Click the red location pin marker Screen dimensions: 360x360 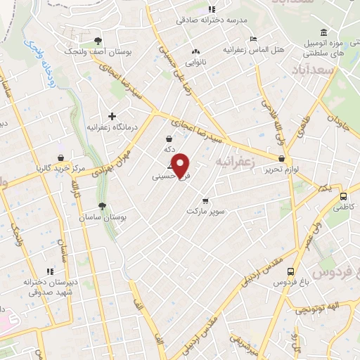pos(181,165)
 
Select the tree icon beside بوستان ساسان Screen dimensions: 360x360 pos(103,206)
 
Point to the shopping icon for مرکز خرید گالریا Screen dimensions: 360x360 pos(61,158)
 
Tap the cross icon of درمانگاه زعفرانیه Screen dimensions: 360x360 pos(111,116)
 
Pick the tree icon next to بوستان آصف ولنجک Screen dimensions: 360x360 pos(98,40)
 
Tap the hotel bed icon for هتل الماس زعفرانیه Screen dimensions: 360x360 pos(254,39)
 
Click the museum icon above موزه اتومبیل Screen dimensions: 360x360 pos(323,33)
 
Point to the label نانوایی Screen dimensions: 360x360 pos(195,63)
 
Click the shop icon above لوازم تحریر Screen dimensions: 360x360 pos(281,159)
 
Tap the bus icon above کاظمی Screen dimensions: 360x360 pos(342,197)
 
